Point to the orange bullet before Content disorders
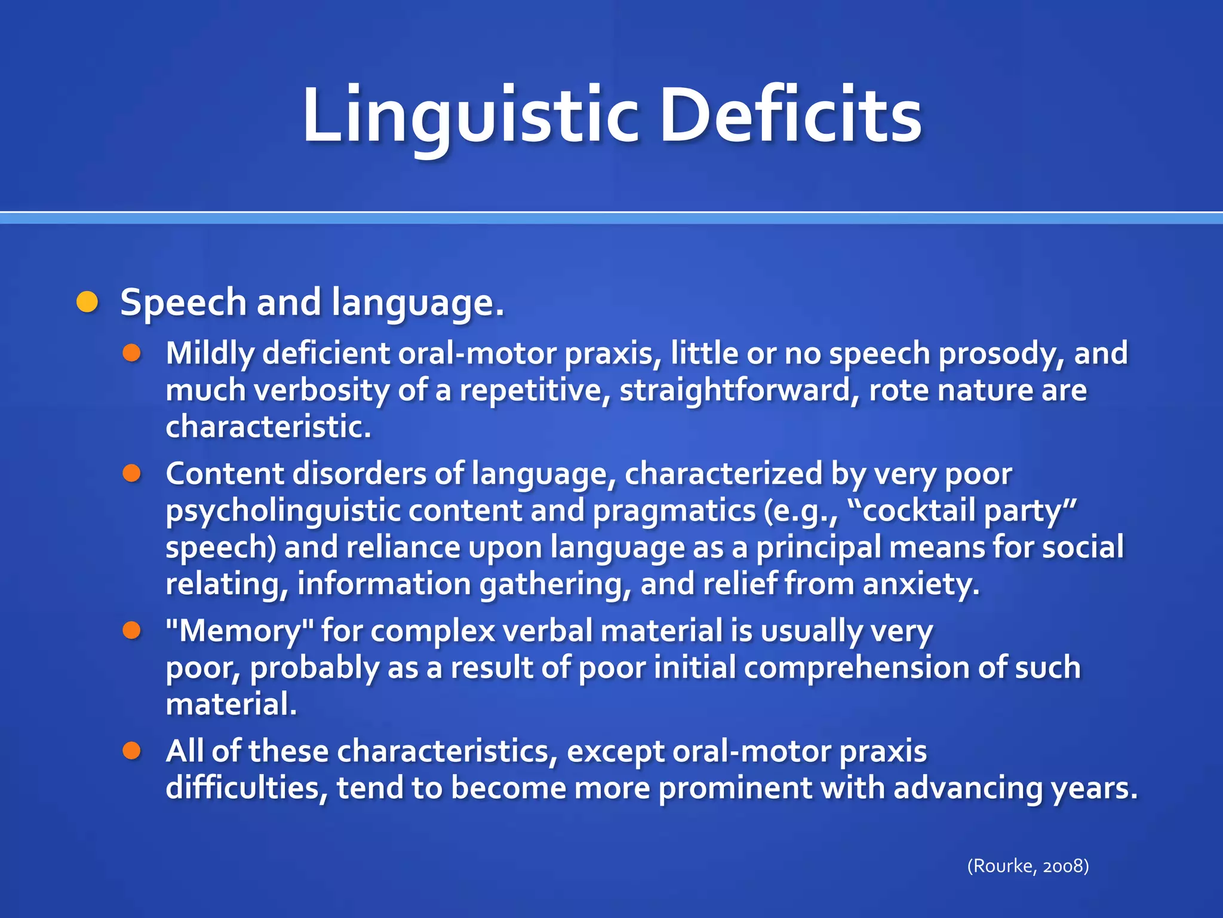click(132, 473)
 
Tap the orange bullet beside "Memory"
click(132, 630)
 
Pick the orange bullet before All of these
click(132, 751)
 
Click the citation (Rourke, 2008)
click(1028, 865)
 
